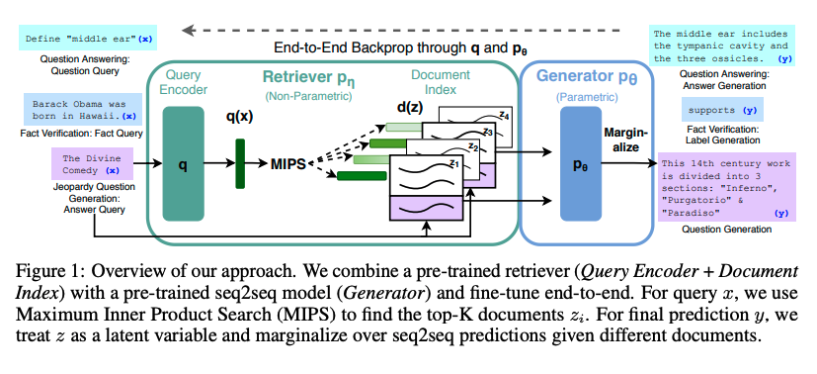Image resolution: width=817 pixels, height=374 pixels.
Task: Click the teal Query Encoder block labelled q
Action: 183,164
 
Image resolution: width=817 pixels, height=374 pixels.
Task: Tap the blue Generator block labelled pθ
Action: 581,164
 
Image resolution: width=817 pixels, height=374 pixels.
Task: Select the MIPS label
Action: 288,164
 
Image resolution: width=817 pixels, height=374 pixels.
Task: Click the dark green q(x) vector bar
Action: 240,163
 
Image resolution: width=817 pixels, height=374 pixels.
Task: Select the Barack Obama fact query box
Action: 82,110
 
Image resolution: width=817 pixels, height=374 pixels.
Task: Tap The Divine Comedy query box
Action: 92,164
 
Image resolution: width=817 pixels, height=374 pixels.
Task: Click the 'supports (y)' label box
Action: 722,110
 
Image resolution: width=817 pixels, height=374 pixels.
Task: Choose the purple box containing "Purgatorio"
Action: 727,187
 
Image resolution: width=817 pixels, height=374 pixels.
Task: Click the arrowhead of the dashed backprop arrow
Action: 186,31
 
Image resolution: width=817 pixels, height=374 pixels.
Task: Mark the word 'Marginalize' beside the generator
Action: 625,140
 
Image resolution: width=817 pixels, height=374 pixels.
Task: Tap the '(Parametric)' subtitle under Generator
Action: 587,97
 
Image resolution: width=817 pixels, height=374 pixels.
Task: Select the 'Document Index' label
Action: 441,82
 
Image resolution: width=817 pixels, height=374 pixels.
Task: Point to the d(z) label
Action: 411,108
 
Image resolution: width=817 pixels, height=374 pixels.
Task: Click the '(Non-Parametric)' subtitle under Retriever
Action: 309,97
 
